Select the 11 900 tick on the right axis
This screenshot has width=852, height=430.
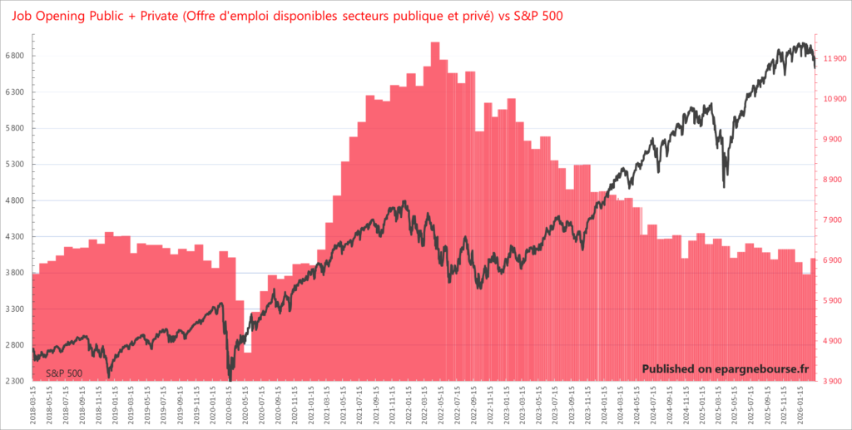(x=835, y=58)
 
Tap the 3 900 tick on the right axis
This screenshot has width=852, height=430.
(x=835, y=381)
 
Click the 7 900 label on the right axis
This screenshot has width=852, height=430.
(x=835, y=220)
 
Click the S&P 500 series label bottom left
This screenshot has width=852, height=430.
(x=64, y=373)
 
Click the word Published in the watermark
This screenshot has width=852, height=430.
(x=670, y=369)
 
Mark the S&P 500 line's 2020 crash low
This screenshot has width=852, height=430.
(x=230, y=379)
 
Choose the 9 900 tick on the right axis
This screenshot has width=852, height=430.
(x=835, y=139)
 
